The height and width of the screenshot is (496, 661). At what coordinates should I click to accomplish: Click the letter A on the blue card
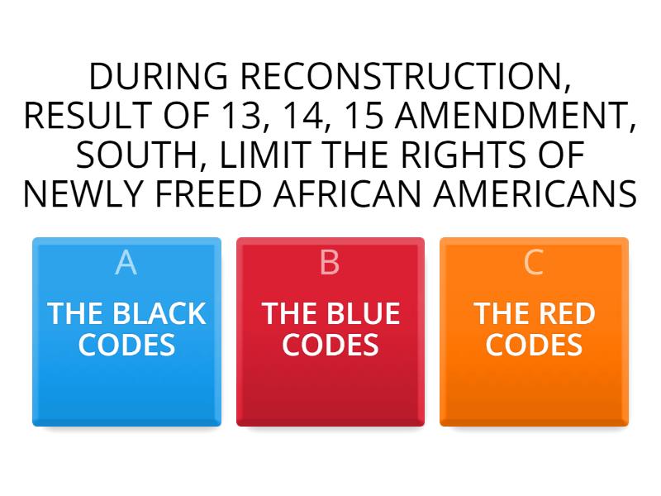126,262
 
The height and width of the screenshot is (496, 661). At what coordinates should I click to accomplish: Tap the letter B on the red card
330,262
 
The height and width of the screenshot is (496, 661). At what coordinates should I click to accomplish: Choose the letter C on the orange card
534,262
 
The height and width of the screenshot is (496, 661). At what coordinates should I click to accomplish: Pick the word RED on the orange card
566,314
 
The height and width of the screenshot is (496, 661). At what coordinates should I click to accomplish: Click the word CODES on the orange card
534,344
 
